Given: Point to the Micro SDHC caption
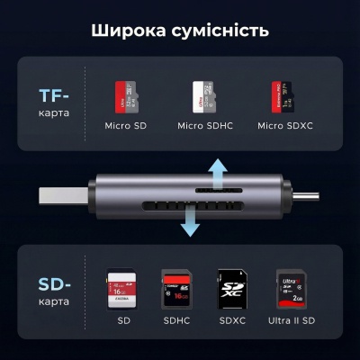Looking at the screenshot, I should click(x=203, y=124).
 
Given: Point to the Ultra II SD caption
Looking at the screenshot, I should click(x=290, y=321).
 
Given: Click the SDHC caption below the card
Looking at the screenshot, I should click(x=174, y=321).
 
